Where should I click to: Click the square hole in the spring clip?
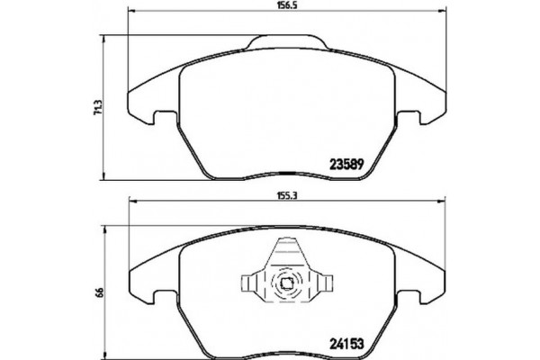tap(286, 287)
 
